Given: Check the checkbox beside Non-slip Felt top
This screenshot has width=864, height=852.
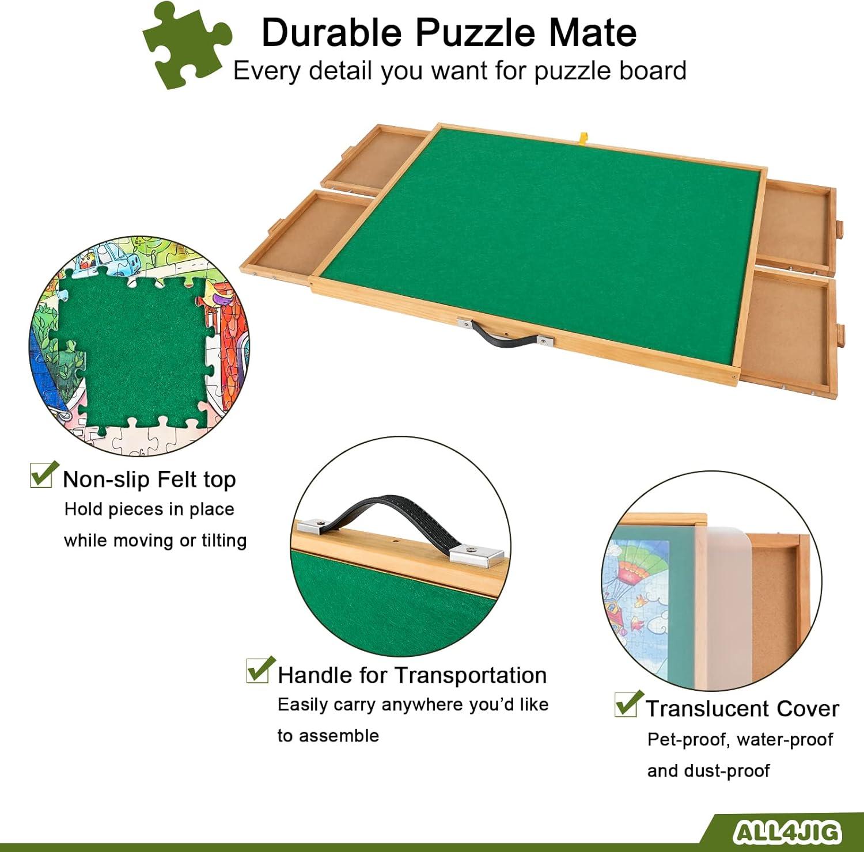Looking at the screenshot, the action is pyautogui.click(x=43, y=476).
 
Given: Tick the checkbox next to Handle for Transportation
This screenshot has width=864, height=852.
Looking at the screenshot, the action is pyautogui.click(x=260, y=670).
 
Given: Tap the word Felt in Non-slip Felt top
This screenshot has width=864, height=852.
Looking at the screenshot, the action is pyautogui.click(x=177, y=479).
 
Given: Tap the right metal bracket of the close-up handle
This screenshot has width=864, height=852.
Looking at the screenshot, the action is pyautogui.click(x=476, y=554).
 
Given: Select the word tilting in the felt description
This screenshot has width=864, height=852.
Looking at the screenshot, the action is pyautogui.click(x=224, y=541).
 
